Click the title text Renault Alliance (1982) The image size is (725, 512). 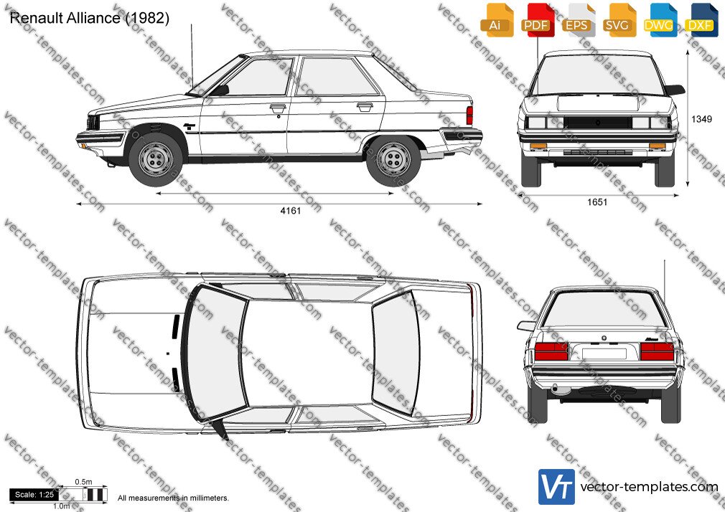[89, 18]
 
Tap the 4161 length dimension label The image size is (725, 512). [291, 211]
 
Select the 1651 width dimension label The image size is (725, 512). [597, 202]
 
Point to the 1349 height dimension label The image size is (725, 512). [701, 119]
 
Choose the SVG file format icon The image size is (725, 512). [617, 20]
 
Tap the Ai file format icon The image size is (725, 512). [495, 20]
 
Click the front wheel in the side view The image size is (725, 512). [155, 159]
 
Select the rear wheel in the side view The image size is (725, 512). [393, 159]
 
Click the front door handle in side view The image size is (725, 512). [278, 108]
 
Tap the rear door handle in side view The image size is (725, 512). [365, 107]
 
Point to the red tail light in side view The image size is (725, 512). [469, 115]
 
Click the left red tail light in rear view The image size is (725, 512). [551, 351]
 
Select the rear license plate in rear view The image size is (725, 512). [604, 354]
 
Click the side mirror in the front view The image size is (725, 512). [675, 90]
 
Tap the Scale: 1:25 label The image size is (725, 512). [34, 495]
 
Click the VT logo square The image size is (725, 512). [557, 487]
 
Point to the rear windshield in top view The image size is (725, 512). [396, 352]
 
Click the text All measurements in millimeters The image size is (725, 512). [173, 498]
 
